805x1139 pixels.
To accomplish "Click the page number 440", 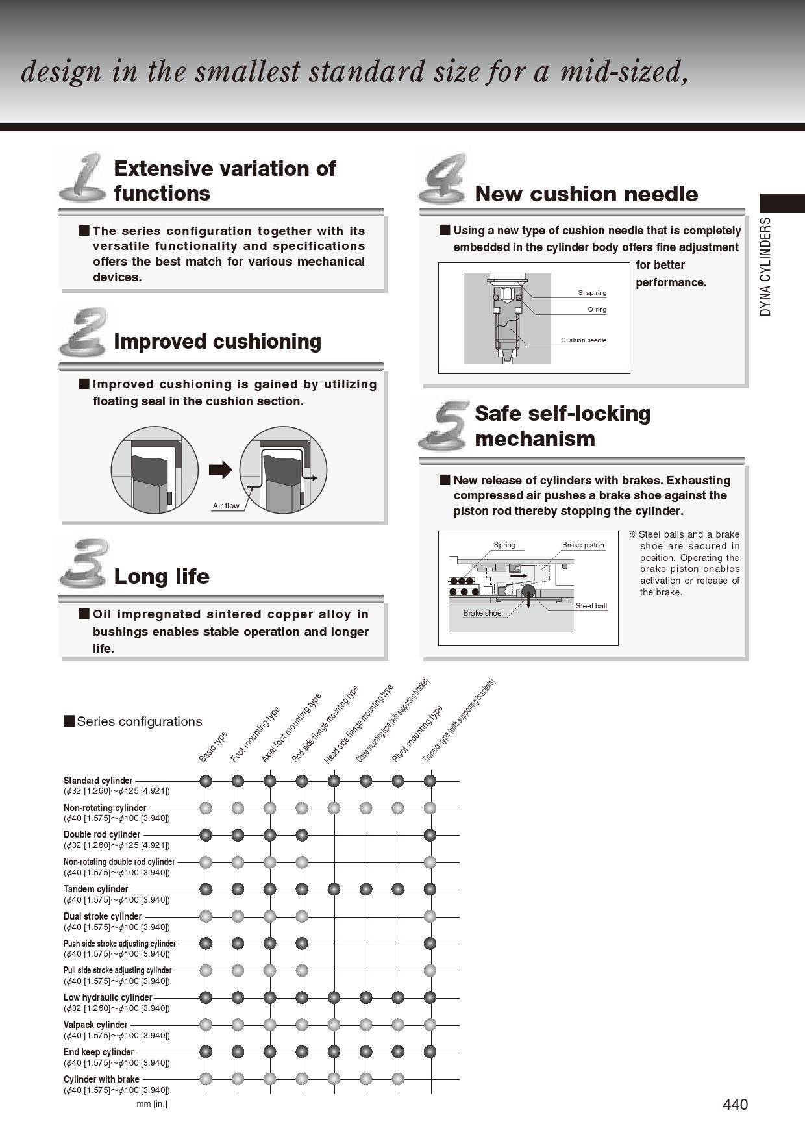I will coord(735,1105).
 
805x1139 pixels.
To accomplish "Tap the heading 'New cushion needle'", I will coord(586,194).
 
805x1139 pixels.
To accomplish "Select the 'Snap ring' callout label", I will coord(592,293).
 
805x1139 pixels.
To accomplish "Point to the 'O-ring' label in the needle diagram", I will coord(597,310).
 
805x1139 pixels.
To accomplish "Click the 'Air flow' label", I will coord(226,506).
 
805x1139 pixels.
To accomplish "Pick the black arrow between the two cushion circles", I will coord(221,470).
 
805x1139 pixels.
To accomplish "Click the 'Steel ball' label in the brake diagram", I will coord(591,606).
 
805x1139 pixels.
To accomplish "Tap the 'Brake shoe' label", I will coord(482,613).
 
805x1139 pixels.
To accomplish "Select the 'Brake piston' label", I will coord(582,545).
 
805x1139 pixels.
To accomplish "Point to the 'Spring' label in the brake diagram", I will coord(504,545).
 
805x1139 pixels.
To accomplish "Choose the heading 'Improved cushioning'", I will coord(217,342).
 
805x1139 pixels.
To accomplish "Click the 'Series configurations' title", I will coord(139,721).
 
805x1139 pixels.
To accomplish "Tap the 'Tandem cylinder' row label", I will coord(96,889).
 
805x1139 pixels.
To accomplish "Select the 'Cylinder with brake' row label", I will coord(101,1079).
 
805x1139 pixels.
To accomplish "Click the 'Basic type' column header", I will coord(213,747).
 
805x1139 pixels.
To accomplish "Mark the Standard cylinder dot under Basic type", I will coord(206,781).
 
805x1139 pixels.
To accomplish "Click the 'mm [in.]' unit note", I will coord(152,1104).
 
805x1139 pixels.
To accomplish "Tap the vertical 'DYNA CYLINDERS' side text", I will coord(766,266).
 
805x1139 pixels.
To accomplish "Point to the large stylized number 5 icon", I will coord(444,425).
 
